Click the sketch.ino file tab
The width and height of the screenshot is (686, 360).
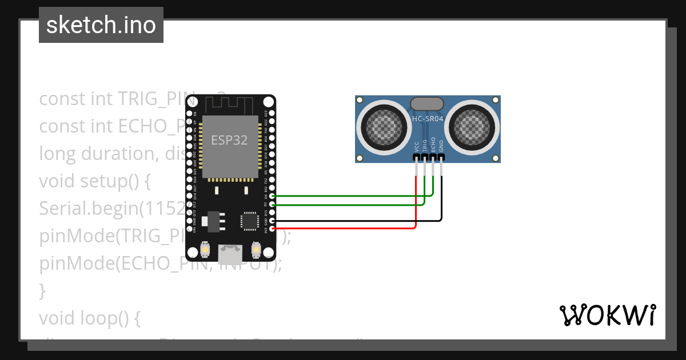(x=101, y=25)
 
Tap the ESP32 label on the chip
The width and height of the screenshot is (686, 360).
(x=229, y=140)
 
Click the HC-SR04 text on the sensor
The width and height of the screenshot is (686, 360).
(x=428, y=118)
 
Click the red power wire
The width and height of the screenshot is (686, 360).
(x=343, y=229)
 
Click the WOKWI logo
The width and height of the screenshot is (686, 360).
(x=607, y=315)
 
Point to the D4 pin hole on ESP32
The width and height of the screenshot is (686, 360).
(x=272, y=196)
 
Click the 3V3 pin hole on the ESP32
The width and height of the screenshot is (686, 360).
(x=272, y=229)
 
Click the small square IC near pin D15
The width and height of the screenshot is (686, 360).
(x=250, y=221)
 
